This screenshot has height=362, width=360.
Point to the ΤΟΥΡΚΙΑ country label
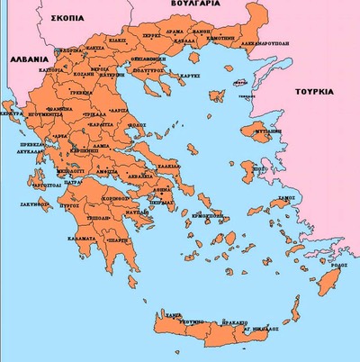tap(315, 91)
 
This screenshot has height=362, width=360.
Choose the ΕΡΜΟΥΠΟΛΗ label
tap(209, 216)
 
